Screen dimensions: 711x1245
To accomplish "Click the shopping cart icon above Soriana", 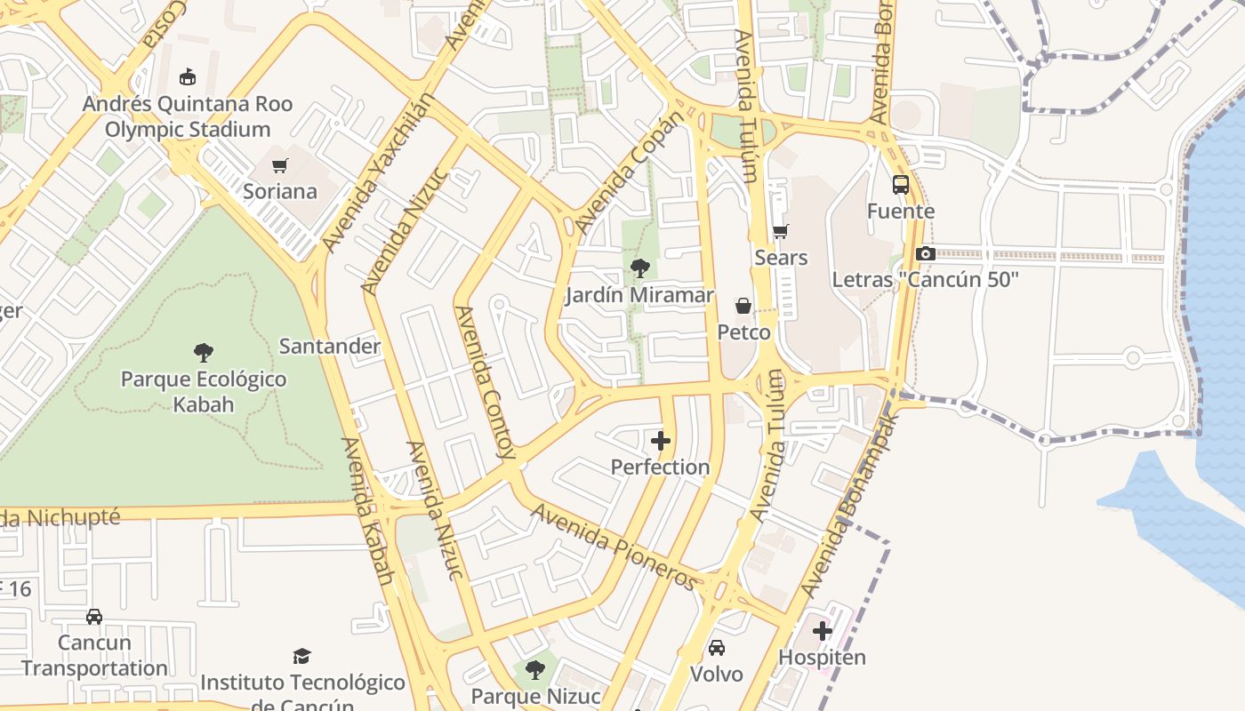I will coord(280,165).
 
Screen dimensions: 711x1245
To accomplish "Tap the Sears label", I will coord(781,258).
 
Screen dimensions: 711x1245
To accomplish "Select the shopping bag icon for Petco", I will coord(743,307).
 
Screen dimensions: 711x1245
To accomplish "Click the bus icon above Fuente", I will coord(901,185).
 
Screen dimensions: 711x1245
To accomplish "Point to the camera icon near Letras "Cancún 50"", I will coord(925,254).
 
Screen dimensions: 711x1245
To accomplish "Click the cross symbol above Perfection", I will coord(660,441).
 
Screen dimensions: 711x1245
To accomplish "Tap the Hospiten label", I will coord(822,658).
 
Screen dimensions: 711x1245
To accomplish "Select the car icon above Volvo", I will coord(717,648).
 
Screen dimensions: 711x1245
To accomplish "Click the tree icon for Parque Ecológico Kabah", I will coord(204,353).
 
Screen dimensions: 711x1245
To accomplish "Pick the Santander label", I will coord(330,347).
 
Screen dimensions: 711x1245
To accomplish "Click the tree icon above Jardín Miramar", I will coord(639,268).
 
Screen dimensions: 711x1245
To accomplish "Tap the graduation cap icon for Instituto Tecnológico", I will coord(302,657).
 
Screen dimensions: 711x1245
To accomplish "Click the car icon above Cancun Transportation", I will coord(94,617).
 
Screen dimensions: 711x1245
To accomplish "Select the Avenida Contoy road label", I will coord(485,382).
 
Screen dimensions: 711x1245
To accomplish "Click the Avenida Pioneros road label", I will coord(614,546).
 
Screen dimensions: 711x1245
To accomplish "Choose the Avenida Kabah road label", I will coord(366,510).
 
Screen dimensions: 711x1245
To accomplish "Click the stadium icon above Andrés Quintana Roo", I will coord(187,77).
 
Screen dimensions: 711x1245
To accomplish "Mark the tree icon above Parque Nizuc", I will coord(534,669).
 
